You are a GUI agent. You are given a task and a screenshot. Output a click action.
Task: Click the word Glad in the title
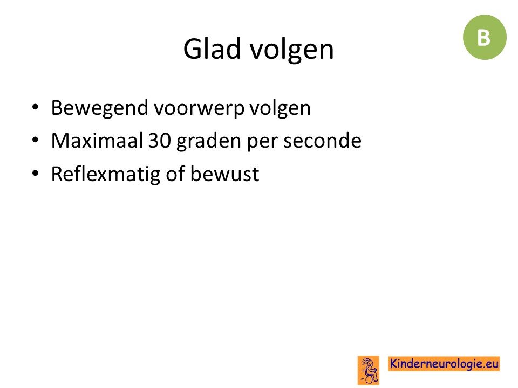click(x=212, y=49)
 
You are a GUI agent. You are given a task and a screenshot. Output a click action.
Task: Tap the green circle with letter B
click(x=485, y=37)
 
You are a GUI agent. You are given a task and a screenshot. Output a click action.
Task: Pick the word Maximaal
click(x=97, y=141)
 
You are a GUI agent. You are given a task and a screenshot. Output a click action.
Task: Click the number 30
click(x=160, y=141)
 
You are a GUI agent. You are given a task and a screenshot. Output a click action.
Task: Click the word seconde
click(x=322, y=141)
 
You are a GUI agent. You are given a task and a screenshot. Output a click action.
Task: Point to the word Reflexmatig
click(x=106, y=175)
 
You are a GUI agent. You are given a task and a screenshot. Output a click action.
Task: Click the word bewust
click(x=224, y=174)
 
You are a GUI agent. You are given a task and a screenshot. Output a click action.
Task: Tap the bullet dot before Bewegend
click(x=35, y=107)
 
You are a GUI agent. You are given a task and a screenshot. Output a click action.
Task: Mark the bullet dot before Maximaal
click(x=35, y=140)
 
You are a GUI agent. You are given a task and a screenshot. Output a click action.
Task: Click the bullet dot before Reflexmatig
click(x=35, y=173)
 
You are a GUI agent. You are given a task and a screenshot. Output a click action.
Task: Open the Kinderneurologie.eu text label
click(x=444, y=364)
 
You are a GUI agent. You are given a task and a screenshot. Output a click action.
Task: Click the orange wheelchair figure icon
click(x=369, y=370)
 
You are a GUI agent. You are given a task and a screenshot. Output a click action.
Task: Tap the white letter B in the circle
click(x=483, y=37)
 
